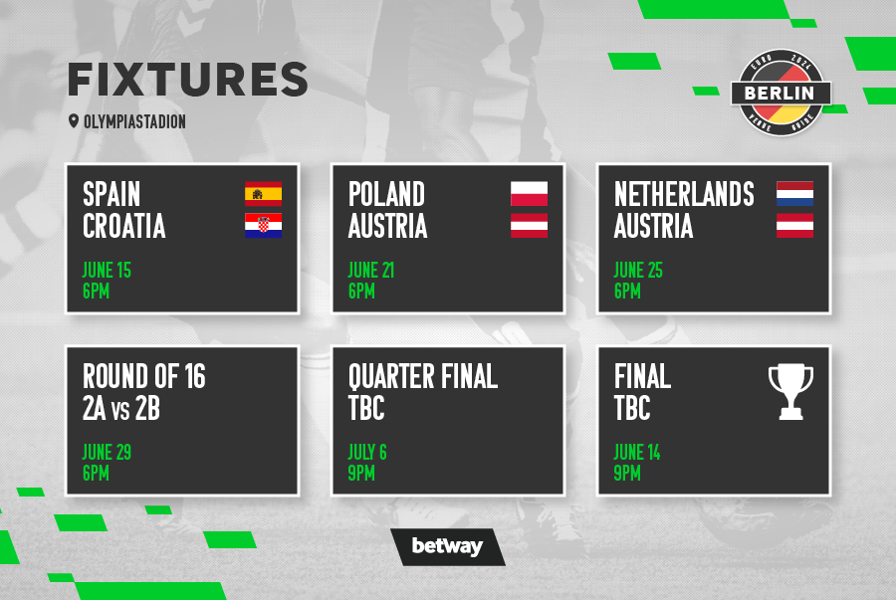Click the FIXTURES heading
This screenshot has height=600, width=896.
[x=188, y=80]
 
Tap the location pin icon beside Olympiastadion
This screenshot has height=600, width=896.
[x=73, y=121]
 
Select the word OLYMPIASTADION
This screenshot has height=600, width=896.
[x=134, y=121]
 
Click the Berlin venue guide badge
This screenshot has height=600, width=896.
[x=782, y=93]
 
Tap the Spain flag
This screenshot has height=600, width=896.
[x=264, y=193]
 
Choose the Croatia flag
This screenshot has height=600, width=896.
[x=264, y=226]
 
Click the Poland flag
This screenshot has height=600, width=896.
[x=530, y=193]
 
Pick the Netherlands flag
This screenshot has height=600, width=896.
[x=794, y=193]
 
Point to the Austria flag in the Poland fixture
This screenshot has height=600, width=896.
[x=530, y=226]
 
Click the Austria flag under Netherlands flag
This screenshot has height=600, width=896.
[x=794, y=226]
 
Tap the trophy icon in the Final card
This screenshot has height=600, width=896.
[x=790, y=392]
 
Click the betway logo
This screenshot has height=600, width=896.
[x=448, y=546]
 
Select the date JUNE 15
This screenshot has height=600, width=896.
[x=107, y=270]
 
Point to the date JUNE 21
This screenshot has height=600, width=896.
[x=371, y=270]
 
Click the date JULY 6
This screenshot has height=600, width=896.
[x=367, y=452]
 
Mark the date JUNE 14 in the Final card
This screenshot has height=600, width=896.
[x=637, y=452]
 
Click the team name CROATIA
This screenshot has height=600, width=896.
[x=124, y=226]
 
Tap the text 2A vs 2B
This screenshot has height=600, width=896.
[x=121, y=408]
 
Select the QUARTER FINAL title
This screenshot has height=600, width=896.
[x=423, y=377]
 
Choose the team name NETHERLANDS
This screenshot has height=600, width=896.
[x=684, y=194]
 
